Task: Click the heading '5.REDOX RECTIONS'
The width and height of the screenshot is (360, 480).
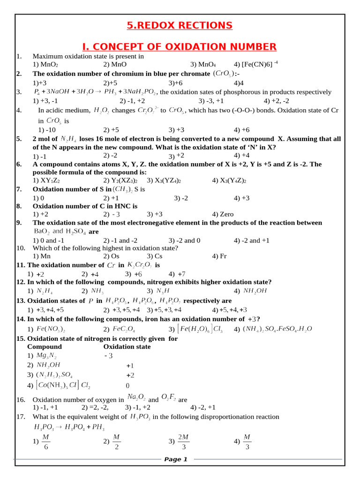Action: tap(180, 25)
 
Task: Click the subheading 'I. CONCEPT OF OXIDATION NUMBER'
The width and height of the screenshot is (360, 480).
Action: tap(180, 46)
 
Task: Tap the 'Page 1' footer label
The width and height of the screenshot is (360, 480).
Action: tap(176, 459)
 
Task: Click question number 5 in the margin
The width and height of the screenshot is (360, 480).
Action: tap(19, 139)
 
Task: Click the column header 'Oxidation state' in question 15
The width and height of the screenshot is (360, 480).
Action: tap(127, 347)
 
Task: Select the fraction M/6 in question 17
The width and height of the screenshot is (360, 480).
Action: tap(45, 441)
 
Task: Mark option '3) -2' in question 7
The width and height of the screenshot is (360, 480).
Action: tap(181, 198)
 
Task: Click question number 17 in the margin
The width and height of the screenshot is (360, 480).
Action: tap(20, 417)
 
